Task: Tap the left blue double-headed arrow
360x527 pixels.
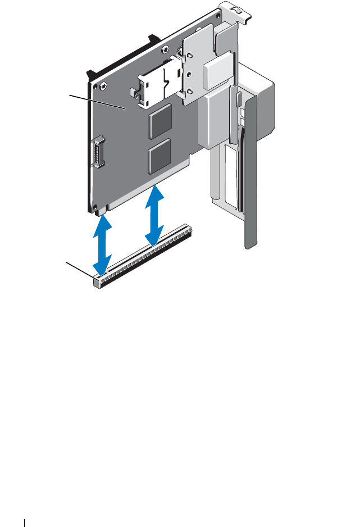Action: point(101,244)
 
